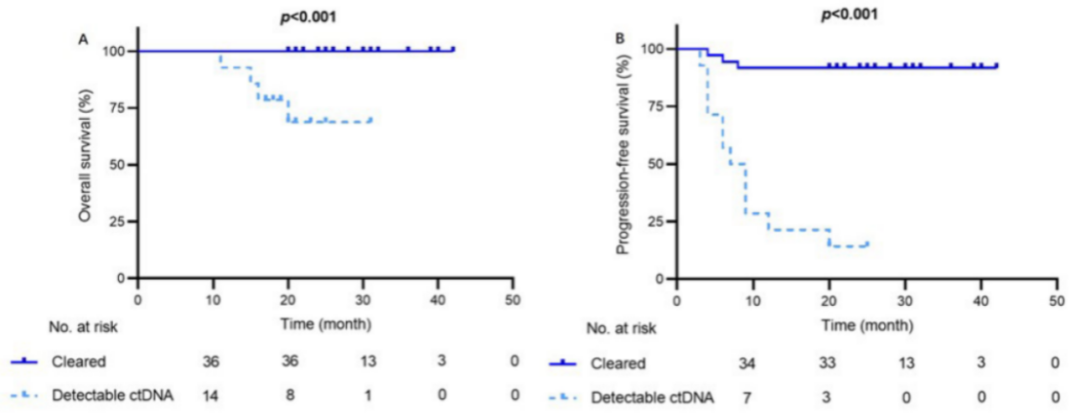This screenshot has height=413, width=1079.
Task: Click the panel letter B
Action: [620, 38]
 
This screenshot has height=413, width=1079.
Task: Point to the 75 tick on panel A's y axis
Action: [119, 108]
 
